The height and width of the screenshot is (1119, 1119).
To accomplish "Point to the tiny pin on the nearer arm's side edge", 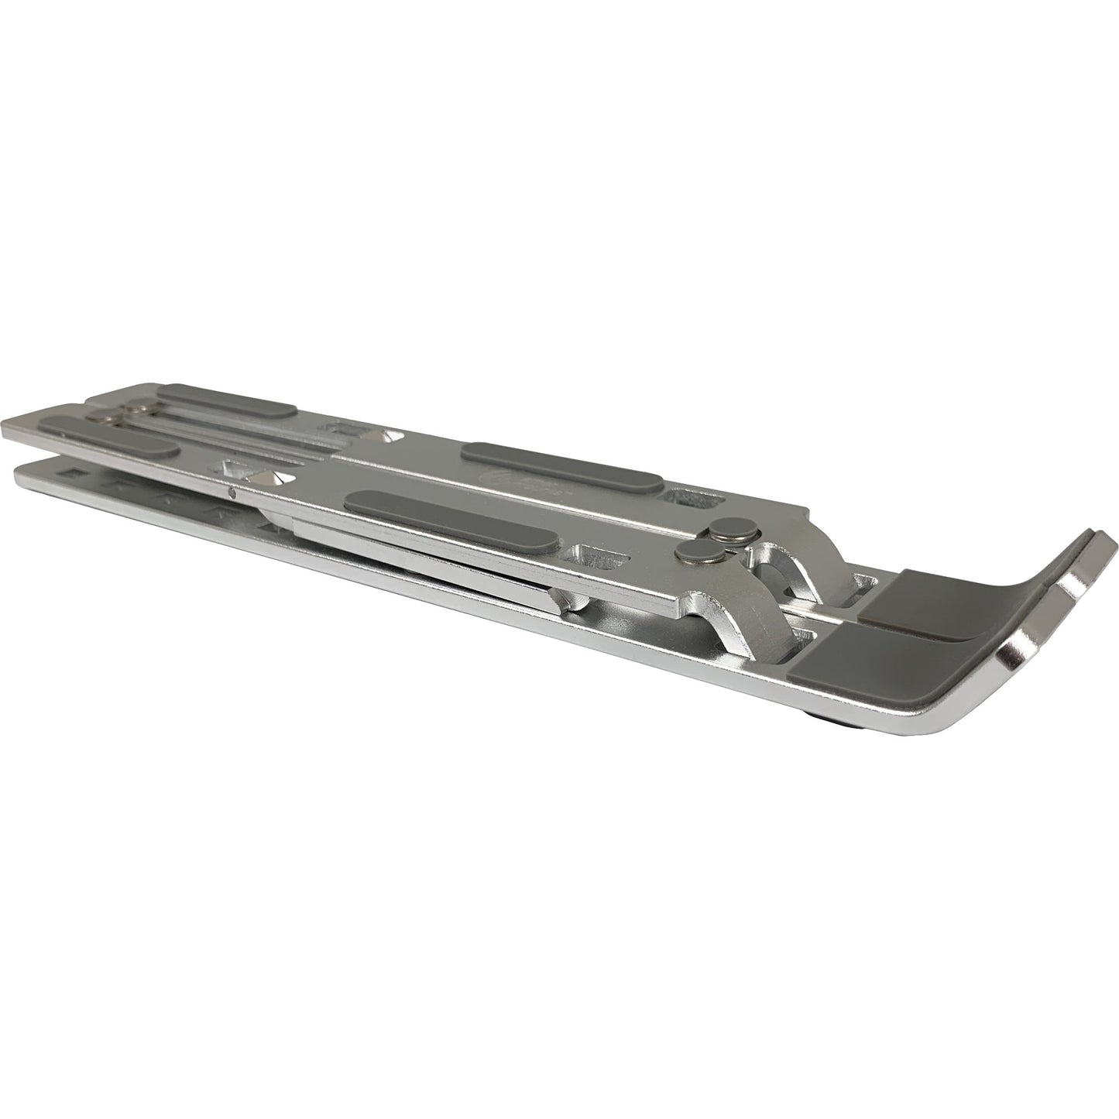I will (x=233, y=490).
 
